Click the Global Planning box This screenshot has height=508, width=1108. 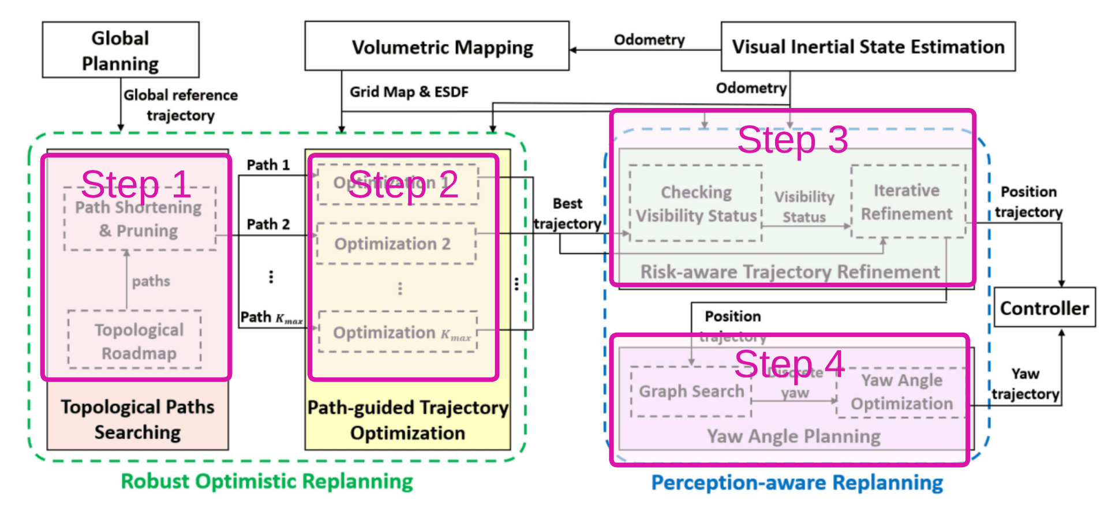[121, 50]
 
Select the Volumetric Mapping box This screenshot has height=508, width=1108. [437, 47]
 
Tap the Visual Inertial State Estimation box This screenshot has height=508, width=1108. [868, 47]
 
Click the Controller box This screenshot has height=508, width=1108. [1045, 308]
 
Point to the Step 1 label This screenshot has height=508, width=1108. [136, 184]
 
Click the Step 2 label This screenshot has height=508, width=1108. [403, 185]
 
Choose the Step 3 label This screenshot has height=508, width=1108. [792, 140]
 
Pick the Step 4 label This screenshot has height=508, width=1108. [789, 364]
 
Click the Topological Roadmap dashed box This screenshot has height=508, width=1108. [135, 340]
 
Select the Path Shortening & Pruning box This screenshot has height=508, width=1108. [140, 219]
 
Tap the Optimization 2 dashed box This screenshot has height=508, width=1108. [396, 244]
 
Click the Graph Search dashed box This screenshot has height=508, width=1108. [691, 391]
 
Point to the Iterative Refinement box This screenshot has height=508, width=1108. [908, 202]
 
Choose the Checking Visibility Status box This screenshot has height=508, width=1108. [696, 204]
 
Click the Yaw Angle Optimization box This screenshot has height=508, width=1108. [901, 393]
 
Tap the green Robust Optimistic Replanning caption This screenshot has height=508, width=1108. [267, 481]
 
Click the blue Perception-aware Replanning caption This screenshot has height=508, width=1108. [797, 483]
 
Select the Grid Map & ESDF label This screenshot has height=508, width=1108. [409, 92]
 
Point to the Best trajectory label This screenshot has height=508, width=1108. [567, 214]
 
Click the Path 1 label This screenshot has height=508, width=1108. [268, 165]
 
